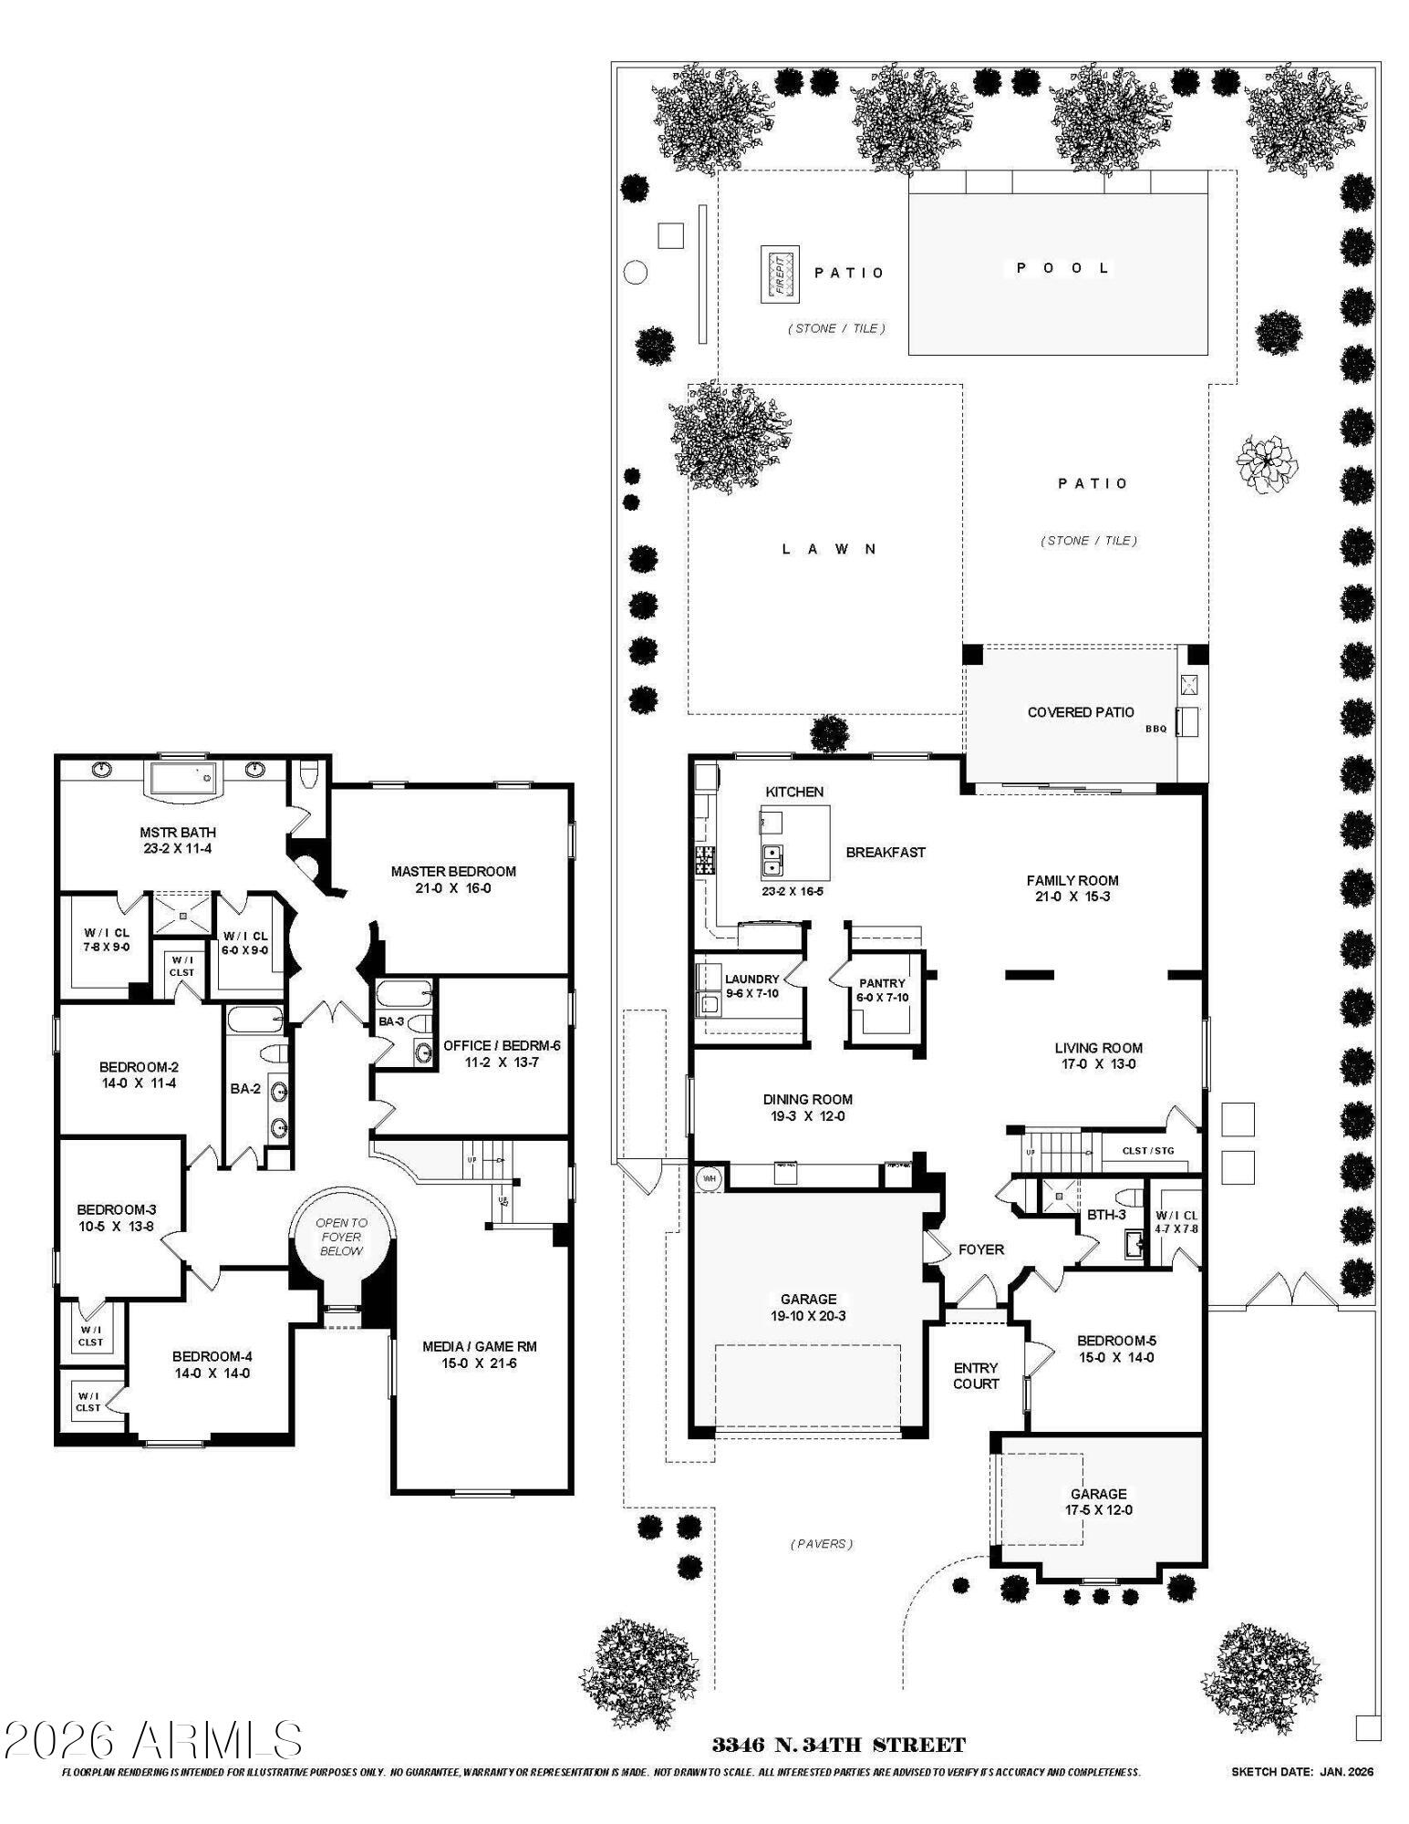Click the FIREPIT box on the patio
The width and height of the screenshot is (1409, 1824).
[780, 273]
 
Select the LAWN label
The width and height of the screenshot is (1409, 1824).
[829, 549]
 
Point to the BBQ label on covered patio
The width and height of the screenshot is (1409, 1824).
[1155, 729]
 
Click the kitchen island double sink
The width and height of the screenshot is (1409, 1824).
[772, 860]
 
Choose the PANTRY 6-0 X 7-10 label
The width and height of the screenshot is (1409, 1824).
[882, 990]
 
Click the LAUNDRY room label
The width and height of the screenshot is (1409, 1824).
[751, 979]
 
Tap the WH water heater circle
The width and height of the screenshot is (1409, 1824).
[709, 1179]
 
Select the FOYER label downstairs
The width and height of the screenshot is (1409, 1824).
[980, 1249]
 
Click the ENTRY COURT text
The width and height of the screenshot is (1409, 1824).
[976, 1375]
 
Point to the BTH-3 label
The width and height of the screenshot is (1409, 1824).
[1105, 1215]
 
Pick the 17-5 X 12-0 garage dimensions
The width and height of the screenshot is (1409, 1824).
[1098, 1509]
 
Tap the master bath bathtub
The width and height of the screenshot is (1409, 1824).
[186, 780]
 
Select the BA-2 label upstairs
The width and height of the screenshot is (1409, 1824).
[245, 1088]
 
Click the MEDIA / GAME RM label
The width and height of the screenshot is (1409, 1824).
[479, 1346]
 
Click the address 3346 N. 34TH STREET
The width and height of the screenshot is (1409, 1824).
[838, 1745]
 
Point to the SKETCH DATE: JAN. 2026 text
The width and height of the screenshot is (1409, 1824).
[1301, 1772]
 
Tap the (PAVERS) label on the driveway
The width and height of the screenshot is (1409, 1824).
[821, 1544]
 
